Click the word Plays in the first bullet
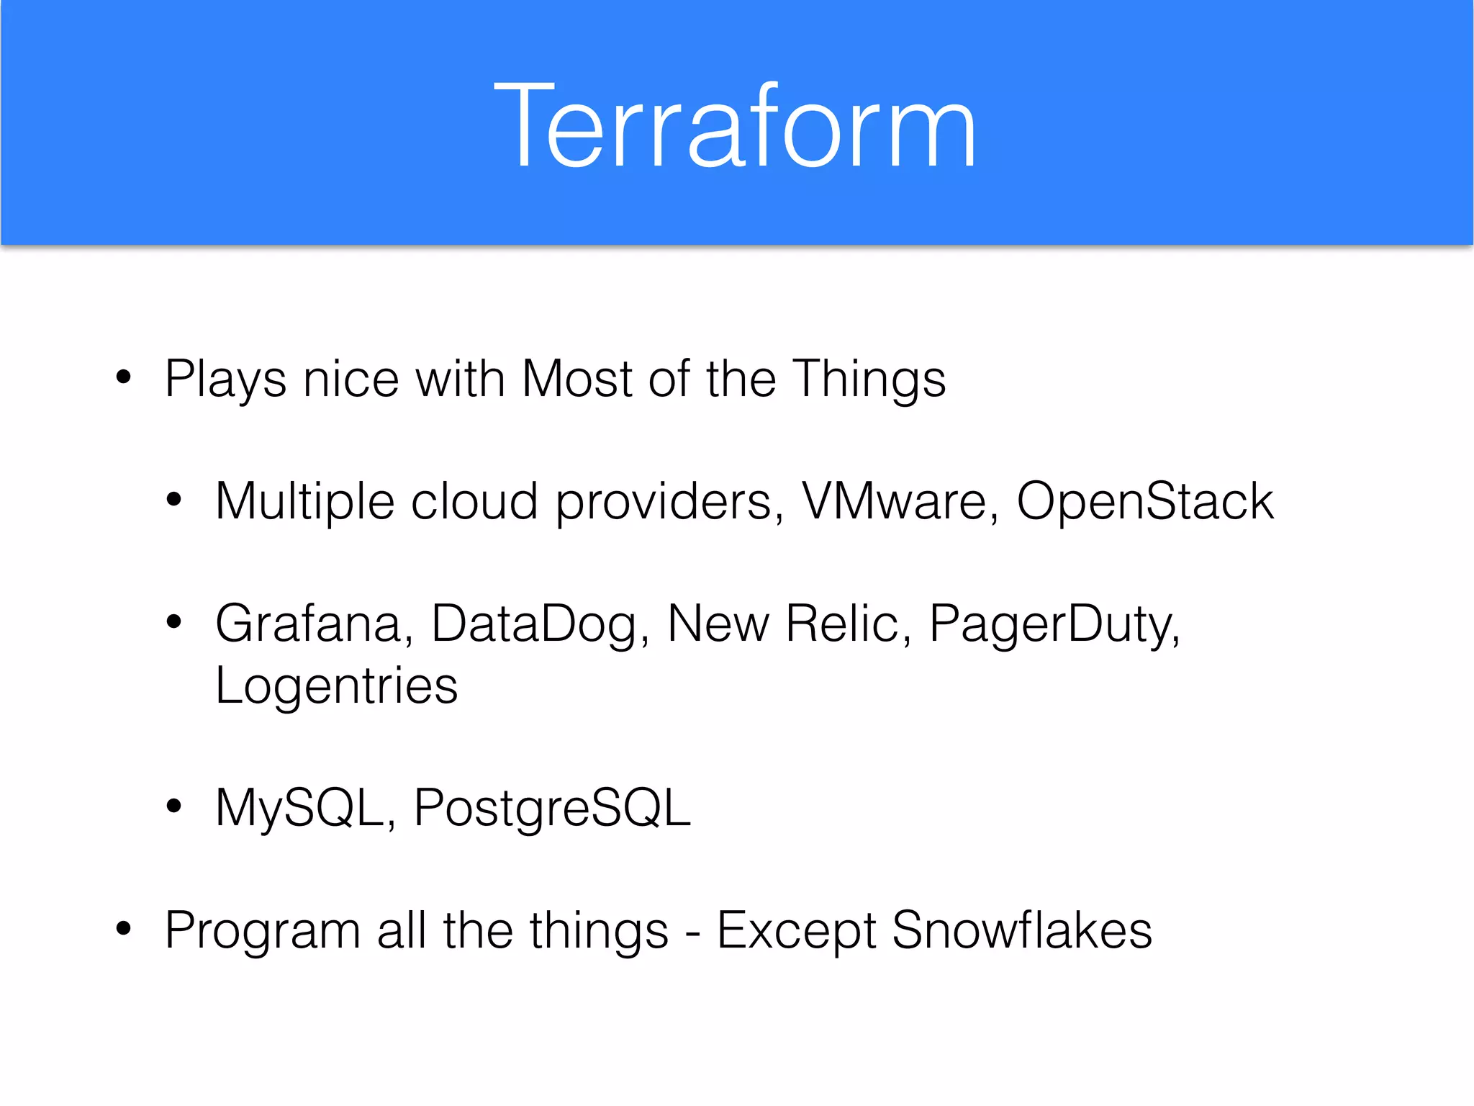coord(225,379)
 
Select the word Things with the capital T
coord(869,379)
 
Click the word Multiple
coord(304,502)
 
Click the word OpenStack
coord(1144,501)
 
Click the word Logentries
coord(336,686)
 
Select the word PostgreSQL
coord(551,809)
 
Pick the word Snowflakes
coord(1021,930)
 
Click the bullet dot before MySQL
coord(173,806)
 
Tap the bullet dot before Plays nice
coord(124,377)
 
